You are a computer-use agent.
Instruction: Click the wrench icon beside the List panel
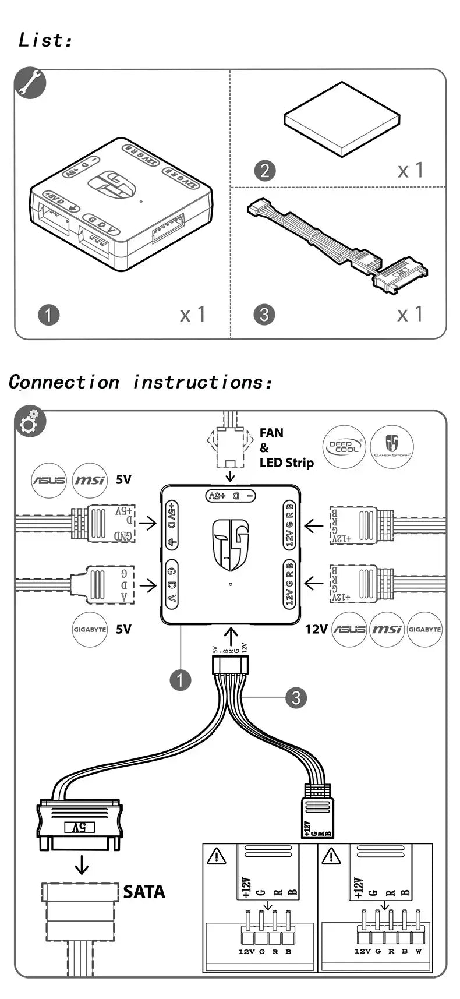pyautogui.click(x=30, y=84)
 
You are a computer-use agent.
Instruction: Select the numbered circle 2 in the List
pyautogui.click(x=265, y=171)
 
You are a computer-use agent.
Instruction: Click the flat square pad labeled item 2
pyautogui.click(x=342, y=121)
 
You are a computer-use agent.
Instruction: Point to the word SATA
pyautogui.click(x=144, y=892)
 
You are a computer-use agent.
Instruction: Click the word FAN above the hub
pyautogui.click(x=271, y=433)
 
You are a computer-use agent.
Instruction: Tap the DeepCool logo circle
pyautogui.click(x=344, y=447)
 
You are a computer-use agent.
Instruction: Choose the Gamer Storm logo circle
pyautogui.click(x=391, y=447)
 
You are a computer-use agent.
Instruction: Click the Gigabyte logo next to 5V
pyautogui.click(x=90, y=630)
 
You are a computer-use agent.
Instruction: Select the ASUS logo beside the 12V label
pyautogui.click(x=349, y=630)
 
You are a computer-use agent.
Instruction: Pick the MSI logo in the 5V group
pyautogui.click(x=89, y=481)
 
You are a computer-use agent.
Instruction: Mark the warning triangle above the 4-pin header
pyautogui.click(x=217, y=856)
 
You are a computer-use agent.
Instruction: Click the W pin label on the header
pyautogui.click(x=419, y=951)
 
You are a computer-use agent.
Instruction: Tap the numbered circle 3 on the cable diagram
pyautogui.click(x=296, y=697)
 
